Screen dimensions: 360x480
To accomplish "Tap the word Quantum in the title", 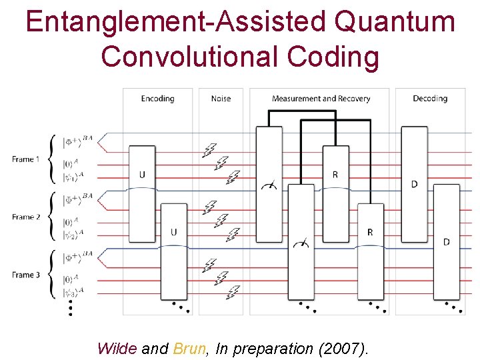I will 395,23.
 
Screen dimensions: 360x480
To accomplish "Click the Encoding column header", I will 157,99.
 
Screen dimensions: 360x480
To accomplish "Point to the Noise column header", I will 221,99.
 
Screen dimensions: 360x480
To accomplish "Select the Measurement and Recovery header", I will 321,99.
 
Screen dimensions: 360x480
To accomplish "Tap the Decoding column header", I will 429,99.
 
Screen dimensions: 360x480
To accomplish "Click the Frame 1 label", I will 26,159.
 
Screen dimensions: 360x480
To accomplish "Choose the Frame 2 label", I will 26,217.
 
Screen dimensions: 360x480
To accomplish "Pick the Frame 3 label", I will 26,275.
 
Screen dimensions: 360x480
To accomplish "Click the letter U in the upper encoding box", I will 142,175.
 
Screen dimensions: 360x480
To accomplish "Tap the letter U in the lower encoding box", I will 174,232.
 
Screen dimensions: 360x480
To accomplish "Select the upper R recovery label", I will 335,175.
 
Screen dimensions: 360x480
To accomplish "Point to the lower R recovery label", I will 370,232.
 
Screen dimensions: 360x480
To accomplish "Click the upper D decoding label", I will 414,183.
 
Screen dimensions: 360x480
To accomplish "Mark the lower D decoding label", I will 446,241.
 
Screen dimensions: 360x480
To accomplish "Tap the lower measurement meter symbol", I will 301,244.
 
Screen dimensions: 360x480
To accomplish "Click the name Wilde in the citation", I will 117,348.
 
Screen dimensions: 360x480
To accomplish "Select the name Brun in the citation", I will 189,348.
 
